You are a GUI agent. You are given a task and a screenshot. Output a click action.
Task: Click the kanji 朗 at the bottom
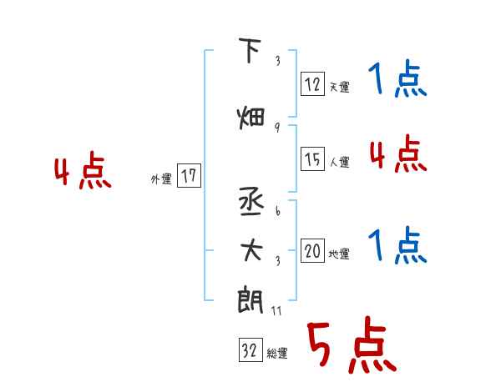click(x=250, y=299)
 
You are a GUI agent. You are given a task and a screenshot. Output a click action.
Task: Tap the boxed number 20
click(x=313, y=251)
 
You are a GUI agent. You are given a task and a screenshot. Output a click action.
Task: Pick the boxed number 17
click(x=189, y=176)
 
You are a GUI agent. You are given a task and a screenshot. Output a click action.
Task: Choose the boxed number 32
click(x=250, y=351)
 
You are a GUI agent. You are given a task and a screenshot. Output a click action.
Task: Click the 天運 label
click(x=339, y=86)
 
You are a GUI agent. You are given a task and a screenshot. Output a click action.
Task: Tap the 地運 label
click(x=339, y=254)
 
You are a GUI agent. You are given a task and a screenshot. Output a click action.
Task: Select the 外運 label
click(x=161, y=178)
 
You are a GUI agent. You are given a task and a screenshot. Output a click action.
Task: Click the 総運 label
click(x=276, y=354)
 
